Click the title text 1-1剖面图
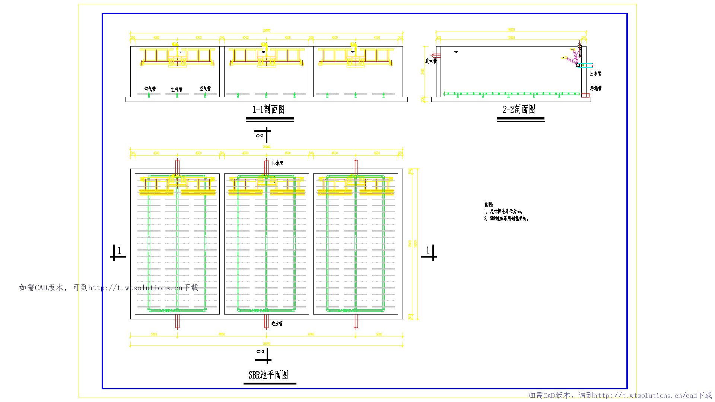pyautogui.click(x=268, y=109)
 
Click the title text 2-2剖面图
pyautogui.click(x=519, y=109)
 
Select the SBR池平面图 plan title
pyautogui.click(x=268, y=375)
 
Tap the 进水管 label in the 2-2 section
pyautogui.click(x=430, y=61)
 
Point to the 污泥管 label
pyautogui.click(x=595, y=89)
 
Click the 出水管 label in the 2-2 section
pyautogui.click(x=595, y=74)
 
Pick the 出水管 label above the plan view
pyautogui.click(x=277, y=163)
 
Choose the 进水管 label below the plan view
pyautogui.click(x=277, y=323)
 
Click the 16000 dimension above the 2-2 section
pyautogui.click(x=511, y=30)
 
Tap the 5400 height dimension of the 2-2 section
pyautogui.click(x=423, y=71)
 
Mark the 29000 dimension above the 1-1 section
pyautogui.click(x=267, y=31)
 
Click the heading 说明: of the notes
pyautogui.click(x=489, y=204)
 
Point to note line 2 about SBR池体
pyautogui.click(x=506, y=218)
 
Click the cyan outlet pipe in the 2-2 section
pyautogui.click(x=587, y=65)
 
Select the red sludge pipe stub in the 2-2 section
pyautogui.click(x=585, y=95)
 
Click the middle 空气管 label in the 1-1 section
pyautogui.click(x=177, y=89)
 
